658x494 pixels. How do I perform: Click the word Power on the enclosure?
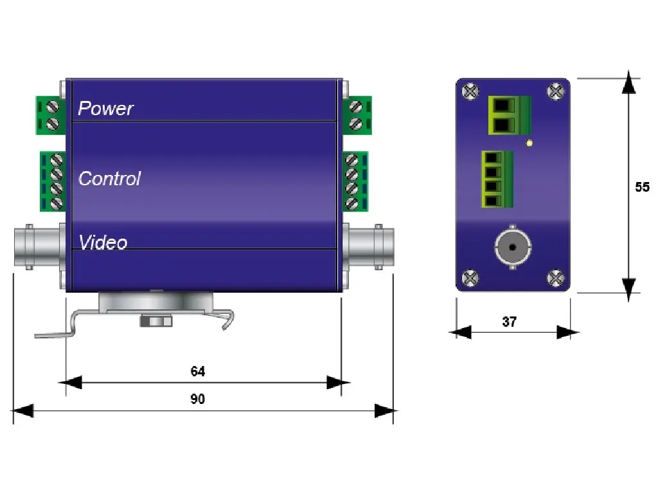(105, 108)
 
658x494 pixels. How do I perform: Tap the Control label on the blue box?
(109, 178)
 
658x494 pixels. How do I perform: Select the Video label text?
(103, 242)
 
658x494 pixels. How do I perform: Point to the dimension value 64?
(198, 371)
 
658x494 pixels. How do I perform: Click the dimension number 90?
(198, 399)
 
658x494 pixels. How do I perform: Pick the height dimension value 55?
(642, 187)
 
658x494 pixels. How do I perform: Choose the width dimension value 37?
(509, 321)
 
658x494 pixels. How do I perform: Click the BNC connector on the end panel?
(512, 247)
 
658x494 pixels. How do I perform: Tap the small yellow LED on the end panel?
(529, 143)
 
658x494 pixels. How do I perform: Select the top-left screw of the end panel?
(471, 91)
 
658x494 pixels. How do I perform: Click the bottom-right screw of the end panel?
(556, 278)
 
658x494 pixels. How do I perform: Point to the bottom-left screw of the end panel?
(471, 278)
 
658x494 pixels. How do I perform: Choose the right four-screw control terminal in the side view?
(355, 181)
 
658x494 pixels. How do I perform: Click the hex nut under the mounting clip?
(155, 320)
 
